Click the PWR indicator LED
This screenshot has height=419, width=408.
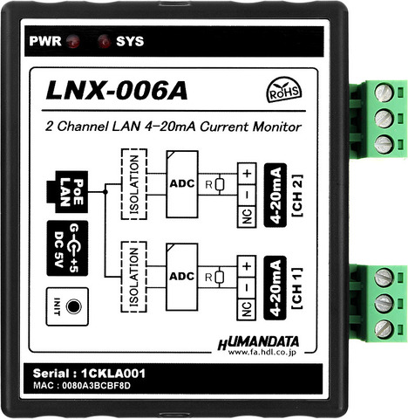(72, 42)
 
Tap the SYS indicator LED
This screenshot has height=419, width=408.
(104, 41)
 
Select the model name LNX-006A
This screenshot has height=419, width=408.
(117, 91)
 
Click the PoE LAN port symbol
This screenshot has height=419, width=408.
(67, 192)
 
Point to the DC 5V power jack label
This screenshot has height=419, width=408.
(67, 249)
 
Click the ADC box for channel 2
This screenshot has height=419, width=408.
(182, 184)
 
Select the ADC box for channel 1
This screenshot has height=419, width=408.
(182, 277)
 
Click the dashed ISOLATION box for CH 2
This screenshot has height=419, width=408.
(134, 184)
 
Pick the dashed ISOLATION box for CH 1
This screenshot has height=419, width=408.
(134, 277)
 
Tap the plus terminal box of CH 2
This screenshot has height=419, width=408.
(247, 174)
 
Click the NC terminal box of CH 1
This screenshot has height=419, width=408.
(247, 309)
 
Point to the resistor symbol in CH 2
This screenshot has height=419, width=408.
(220, 184)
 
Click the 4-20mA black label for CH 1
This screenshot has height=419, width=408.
(275, 288)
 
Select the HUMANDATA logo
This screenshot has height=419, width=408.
(258, 346)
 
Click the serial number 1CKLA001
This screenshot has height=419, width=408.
(113, 374)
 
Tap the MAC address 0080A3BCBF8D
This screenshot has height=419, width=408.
(97, 386)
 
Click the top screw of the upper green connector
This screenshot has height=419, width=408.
(384, 93)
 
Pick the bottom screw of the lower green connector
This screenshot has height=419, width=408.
(384, 329)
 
